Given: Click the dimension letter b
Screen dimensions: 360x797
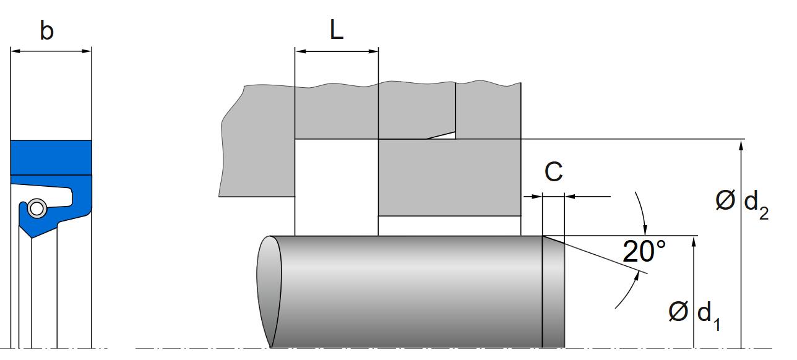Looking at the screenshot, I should pyautogui.click(x=46, y=30).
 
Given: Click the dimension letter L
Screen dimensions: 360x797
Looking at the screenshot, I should pyautogui.click(x=336, y=30).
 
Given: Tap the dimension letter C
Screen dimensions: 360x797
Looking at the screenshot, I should pyautogui.click(x=553, y=172).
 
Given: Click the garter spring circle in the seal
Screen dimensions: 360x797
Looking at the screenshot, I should pyautogui.click(x=37, y=208).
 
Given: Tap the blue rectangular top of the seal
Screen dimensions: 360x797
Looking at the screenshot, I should pyautogui.click(x=51, y=157).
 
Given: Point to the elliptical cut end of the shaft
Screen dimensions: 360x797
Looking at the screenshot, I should pyautogui.click(x=269, y=291).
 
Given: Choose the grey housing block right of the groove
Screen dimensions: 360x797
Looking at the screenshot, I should pyautogui.click(x=449, y=177).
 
